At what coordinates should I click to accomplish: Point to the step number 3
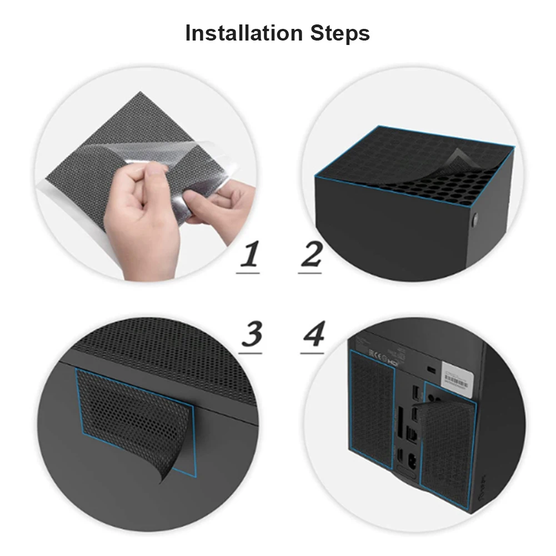coord(252,334)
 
